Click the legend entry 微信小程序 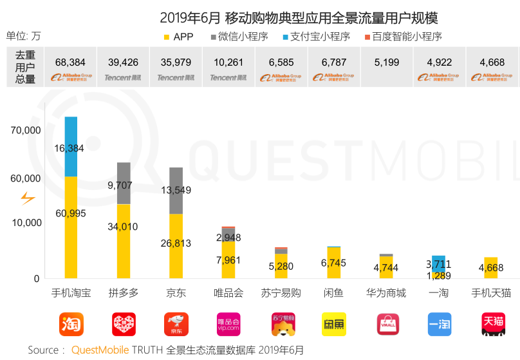coord(237,37)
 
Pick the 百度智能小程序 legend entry coord(398,37)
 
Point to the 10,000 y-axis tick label coord(26,223)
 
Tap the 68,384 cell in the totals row coord(71,62)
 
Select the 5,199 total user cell coord(386,62)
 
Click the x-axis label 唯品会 coord(228,293)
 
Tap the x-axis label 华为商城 coord(386,293)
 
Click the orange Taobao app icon coord(71,324)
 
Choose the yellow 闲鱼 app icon coord(333,324)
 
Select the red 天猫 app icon coord(492,324)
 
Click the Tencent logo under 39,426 coord(123,77)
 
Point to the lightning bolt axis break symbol coord(28,198)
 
